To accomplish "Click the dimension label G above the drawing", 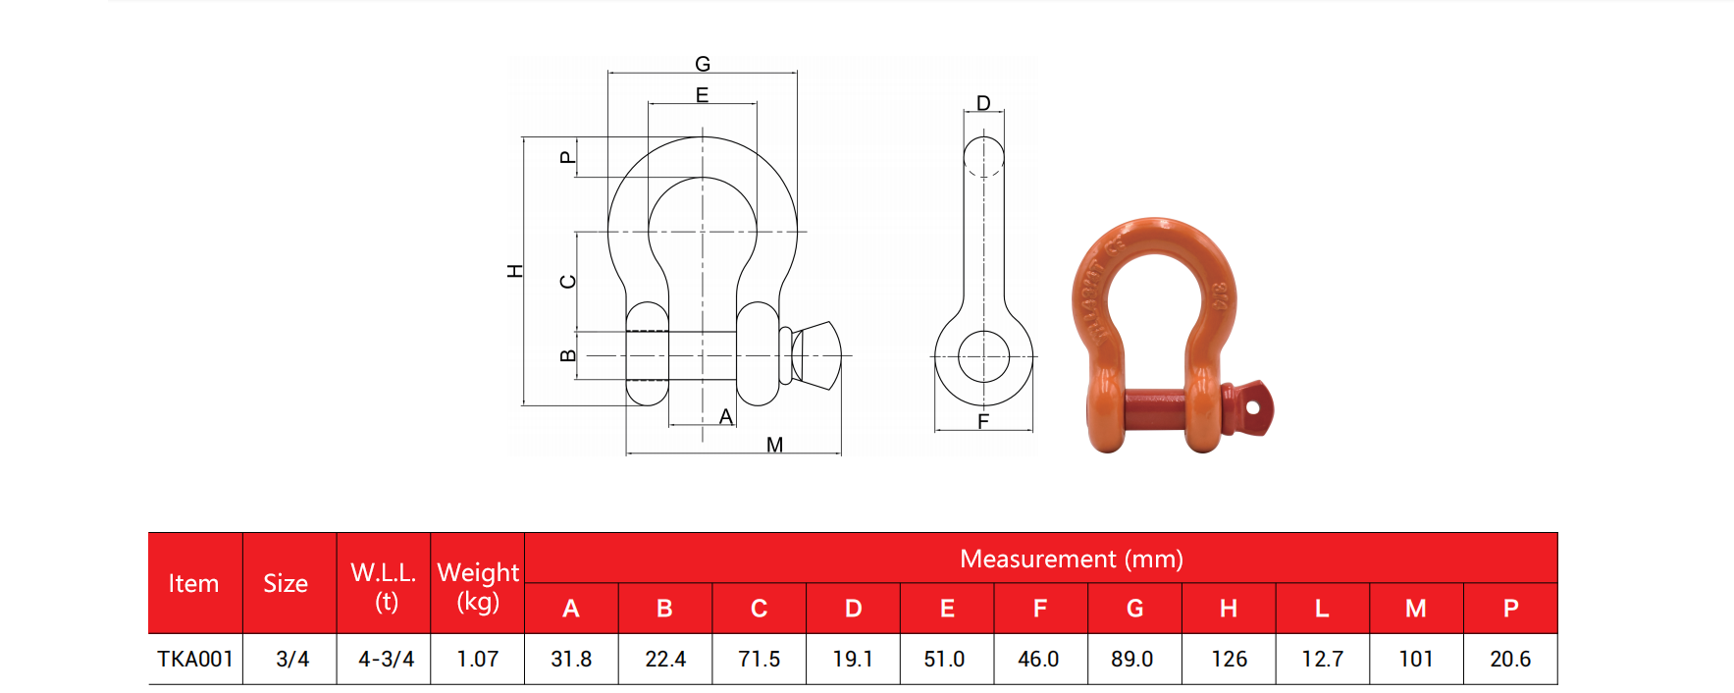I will click(x=703, y=64).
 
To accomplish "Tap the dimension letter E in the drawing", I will click(x=702, y=95).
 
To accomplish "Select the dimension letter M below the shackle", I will click(x=774, y=445).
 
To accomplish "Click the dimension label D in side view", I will click(x=983, y=103).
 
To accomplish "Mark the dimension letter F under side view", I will click(x=983, y=421).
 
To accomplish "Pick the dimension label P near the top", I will click(x=566, y=157).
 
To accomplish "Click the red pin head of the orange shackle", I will click(x=1251, y=408).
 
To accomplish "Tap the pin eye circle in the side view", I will click(x=983, y=355).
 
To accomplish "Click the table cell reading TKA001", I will click(x=195, y=659).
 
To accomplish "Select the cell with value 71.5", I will click(x=759, y=659).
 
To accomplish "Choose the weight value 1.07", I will click(x=478, y=659).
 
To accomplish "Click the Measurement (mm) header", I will click(x=1071, y=559).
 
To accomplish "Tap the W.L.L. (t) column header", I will click(x=384, y=585).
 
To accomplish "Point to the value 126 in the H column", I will click(x=1229, y=659).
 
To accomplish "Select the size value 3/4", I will click(x=291, y=659).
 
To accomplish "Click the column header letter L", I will click(x=1322, y=609).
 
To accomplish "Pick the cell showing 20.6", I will click(x=1509, y=659).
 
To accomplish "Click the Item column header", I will click(x=193, y=583).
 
